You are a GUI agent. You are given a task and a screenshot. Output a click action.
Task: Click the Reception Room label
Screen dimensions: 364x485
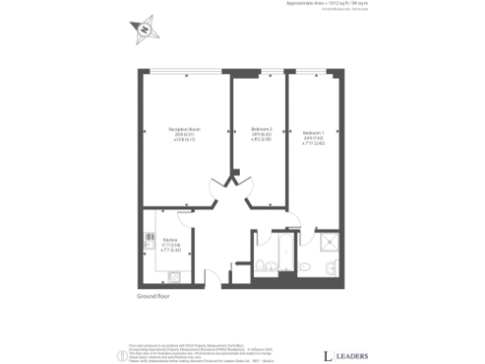pos(183,132)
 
